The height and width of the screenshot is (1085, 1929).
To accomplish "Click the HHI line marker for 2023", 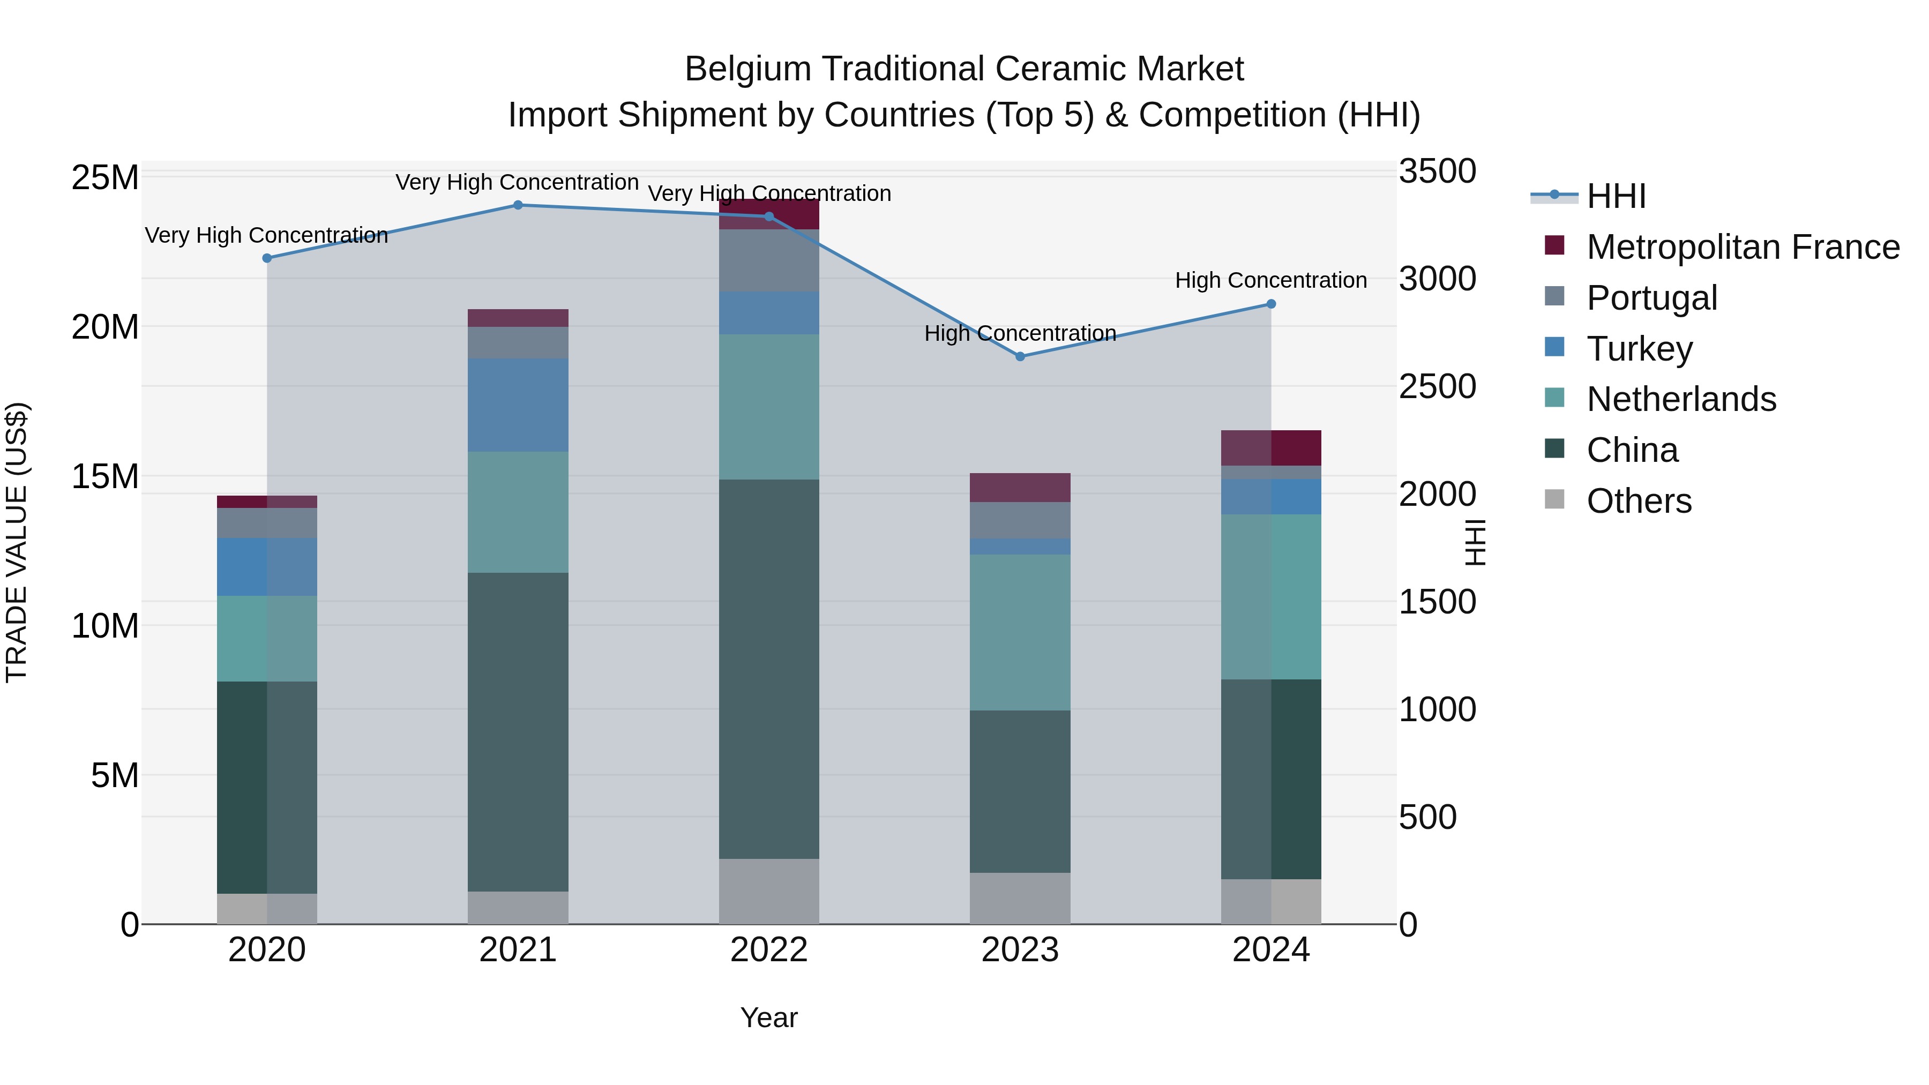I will point(1020,356).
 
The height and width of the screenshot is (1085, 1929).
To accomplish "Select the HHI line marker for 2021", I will point(518,205).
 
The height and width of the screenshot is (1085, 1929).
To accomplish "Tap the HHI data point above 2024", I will point(1271,304).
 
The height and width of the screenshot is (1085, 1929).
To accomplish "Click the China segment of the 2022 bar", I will point(769,669).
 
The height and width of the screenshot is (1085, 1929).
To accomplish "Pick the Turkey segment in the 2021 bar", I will point(518,405).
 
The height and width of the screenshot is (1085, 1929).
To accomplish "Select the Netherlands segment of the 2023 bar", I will point(1020,632).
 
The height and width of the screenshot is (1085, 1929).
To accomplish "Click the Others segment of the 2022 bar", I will point(769,891).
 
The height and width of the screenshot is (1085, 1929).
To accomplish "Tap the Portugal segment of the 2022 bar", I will point(769,260).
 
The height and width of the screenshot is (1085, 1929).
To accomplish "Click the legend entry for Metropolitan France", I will point(1742,247).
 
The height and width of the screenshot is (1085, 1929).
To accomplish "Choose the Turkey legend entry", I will point(1639,349).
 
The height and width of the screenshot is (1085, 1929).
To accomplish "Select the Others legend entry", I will point(1639,501).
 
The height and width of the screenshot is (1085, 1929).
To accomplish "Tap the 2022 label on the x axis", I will point(769,950).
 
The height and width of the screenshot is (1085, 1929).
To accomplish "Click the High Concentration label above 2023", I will point(1020,333).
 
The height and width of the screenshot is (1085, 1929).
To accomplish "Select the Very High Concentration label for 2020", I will point(267,235).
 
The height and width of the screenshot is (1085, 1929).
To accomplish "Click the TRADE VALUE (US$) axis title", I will point(17,542).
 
